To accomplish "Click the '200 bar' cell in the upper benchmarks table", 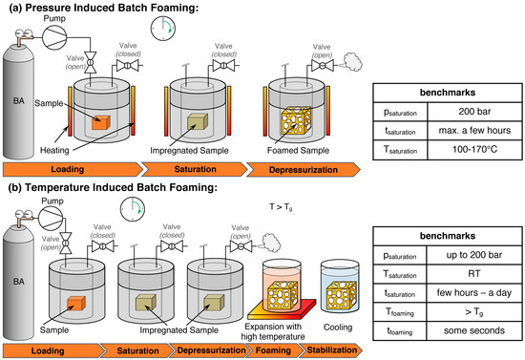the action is coord(474,112).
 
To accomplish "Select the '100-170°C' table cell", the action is coord(474,149).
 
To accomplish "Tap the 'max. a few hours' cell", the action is coord(474,130).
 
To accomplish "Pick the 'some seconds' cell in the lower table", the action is coord(474,330).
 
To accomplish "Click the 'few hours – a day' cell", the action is coord(474,293).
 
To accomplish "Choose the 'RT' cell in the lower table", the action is coord(474,274).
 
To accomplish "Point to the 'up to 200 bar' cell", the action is coord(474,255).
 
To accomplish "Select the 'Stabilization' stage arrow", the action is coord(331,350).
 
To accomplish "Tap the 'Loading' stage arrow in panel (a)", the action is coord(72,169).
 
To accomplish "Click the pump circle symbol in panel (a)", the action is coord(54,37).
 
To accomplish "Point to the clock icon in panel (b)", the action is coord(133,209).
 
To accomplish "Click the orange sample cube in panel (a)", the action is coord(101,122).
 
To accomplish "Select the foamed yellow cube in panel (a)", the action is coord(296,121).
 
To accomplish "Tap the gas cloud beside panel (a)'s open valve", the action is coord(352,62).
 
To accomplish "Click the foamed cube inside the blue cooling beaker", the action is coord(341,295).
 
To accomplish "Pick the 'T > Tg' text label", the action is coord(281,207).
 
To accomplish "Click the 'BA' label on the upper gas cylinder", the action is coord(19,101).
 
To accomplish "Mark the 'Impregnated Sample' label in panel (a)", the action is coord(189,151).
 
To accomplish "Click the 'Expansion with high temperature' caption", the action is coord(273,331).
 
